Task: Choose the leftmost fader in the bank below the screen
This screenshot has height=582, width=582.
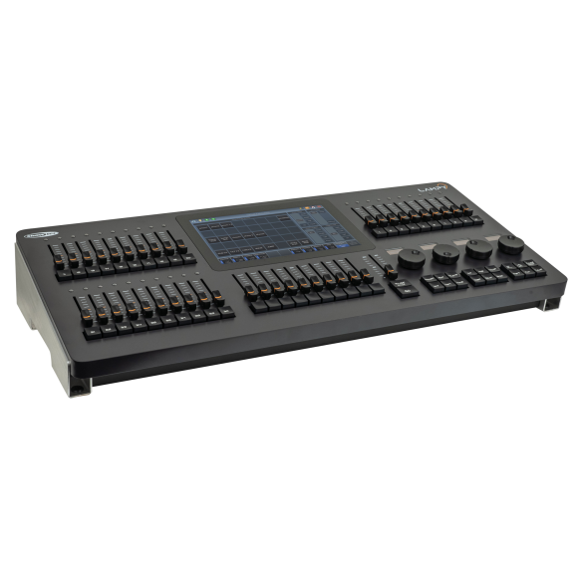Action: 249,282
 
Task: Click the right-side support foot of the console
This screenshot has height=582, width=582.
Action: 549,302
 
